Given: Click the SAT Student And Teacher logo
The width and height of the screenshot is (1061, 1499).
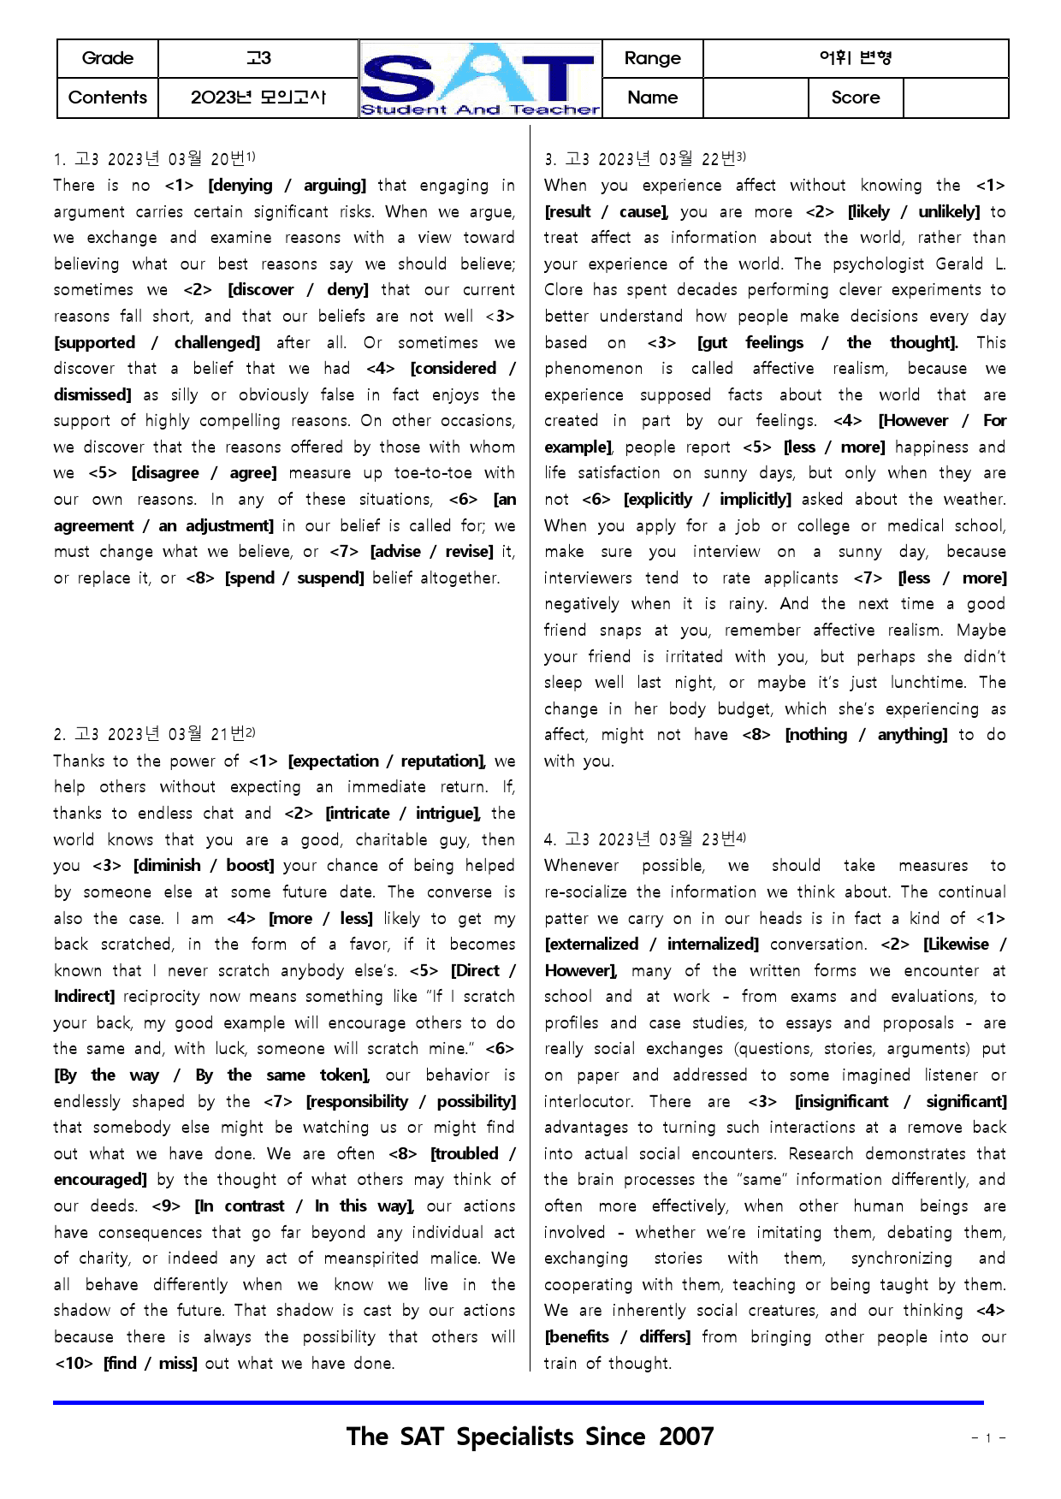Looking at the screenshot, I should tap(480, 79).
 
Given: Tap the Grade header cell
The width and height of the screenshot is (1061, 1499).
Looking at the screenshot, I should tap(108, 58).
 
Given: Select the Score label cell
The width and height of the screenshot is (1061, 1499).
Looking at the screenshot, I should tap(855, 98).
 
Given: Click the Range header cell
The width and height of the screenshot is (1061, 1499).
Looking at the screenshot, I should tap(652, 58).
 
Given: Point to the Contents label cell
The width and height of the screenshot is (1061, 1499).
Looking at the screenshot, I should tap(108, 98).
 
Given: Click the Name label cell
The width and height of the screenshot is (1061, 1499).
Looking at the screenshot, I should tap(652, 98).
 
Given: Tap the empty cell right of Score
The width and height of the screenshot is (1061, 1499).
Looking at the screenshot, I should tap(955, 98).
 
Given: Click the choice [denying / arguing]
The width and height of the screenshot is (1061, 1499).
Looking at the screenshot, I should tap(287, 186).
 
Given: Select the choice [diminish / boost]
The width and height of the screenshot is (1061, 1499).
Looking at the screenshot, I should tap(204, 866).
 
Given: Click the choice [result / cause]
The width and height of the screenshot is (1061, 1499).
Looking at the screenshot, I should tap(606, 212).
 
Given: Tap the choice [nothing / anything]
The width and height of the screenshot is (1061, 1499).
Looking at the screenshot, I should tap(866, 735).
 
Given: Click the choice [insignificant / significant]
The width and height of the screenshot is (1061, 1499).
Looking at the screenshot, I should tap(900, 1102).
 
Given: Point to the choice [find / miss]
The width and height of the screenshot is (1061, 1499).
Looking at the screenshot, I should tap(150, 1364).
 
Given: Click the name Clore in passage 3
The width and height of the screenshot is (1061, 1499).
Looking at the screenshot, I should tap(563, 290).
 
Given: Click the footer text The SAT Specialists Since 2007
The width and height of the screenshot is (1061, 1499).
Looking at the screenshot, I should tap(530, 1437).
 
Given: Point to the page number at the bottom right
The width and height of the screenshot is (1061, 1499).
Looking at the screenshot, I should tap(988, 1438).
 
